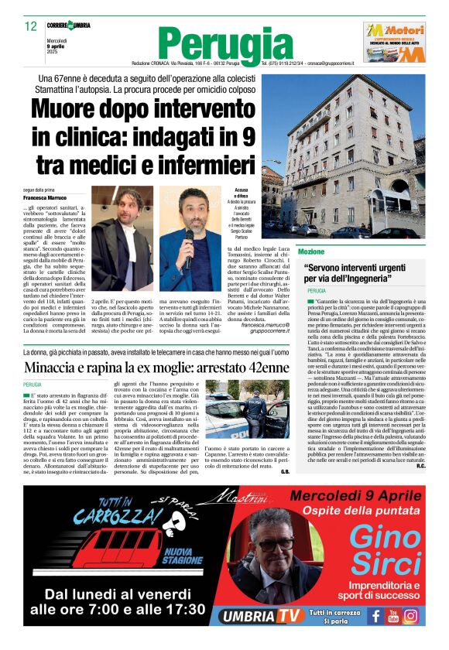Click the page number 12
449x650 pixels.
pyautogui.click(x=31, y=26)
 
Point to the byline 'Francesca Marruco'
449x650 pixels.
pyautogui.click(x=45, y=198)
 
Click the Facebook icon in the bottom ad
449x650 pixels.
pyautogui.click(x=375, y=615)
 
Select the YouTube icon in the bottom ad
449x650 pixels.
pyautogui.click(x=392, y=615)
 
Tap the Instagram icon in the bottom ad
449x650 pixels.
pyautogui.click(x=411, y=615)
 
